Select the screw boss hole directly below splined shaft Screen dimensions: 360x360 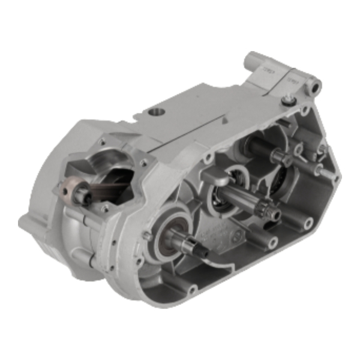click(272, 242)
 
